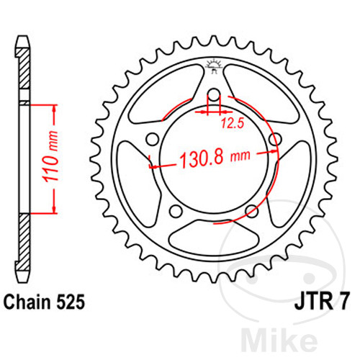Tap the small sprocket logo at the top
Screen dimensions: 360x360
click(213, 66)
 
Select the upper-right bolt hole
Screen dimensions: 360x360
click(274, 140)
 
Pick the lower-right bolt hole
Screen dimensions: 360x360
click(251, 210)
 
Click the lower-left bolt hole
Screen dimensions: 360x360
click(176, 210)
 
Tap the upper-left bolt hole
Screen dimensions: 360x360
click(153, 140)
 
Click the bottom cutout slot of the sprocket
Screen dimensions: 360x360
click(213, 238)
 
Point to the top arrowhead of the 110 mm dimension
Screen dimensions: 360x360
click(53, 108)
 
